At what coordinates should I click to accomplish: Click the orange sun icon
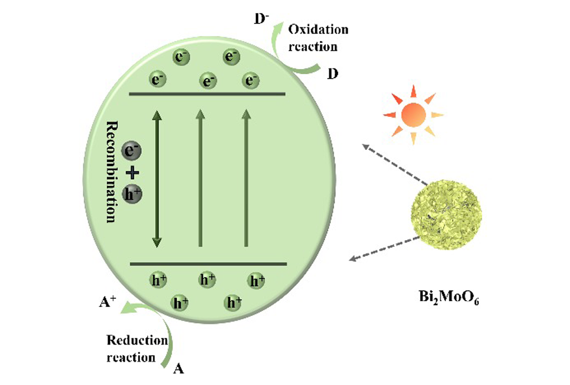[x=413, y=115]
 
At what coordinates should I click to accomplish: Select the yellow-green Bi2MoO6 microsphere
[x=446, y=214]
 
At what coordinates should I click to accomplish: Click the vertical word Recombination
[x=112, y=172]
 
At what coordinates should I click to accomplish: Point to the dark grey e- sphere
[x=131, y=151]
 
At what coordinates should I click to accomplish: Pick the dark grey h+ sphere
[x=132, y=193]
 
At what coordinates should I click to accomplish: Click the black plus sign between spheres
[x=132, y=172]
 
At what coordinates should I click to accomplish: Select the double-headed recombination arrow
[x=157, y=179]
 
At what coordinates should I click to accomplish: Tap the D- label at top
[x=262, y=19]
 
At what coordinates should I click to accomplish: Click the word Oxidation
[x=318, y=30]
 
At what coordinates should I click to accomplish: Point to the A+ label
[x=108, y=302]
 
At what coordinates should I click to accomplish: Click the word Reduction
[x=137, y=341]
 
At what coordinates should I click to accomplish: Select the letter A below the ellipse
[x=178, y=369]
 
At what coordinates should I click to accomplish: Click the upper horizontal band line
[x=207, y=94]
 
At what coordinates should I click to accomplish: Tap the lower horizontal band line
[x=209, y=264]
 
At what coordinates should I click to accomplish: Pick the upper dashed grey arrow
[x=395, y=164]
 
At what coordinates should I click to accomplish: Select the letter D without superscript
[x=333, y=74]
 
